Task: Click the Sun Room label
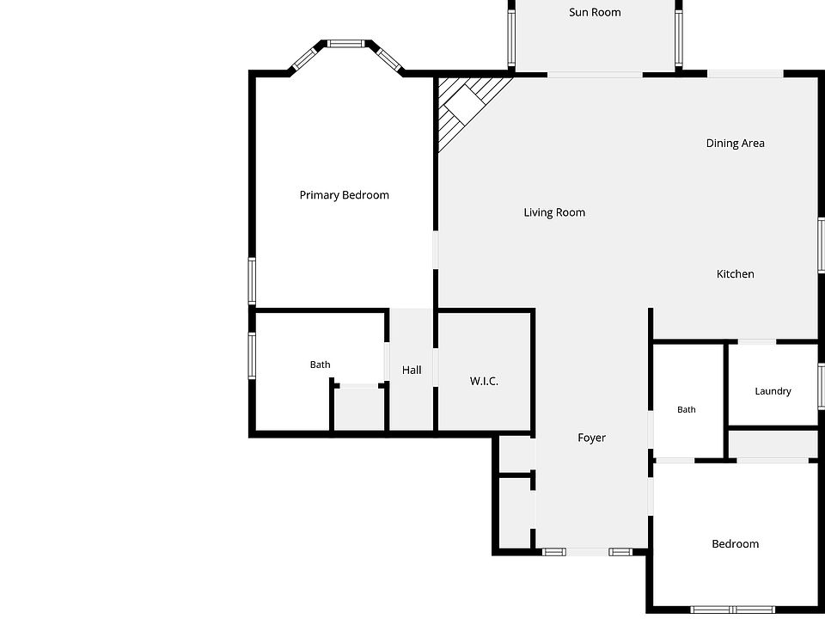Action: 595,12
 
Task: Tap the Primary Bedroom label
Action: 344,195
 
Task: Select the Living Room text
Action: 554,212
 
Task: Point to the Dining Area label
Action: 735,144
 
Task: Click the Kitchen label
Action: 735,273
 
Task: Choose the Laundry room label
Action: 773,391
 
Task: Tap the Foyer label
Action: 591,438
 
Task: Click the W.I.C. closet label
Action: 484,381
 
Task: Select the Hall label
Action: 412,370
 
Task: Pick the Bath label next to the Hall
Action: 320,365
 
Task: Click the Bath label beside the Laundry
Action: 686,409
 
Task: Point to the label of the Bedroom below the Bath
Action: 735,543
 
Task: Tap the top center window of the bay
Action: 345,44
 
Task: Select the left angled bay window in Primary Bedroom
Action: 306,58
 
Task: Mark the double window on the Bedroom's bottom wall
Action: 732,610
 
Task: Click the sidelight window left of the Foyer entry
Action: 554,552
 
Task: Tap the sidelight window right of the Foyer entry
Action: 620,552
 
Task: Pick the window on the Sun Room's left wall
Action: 510,37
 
